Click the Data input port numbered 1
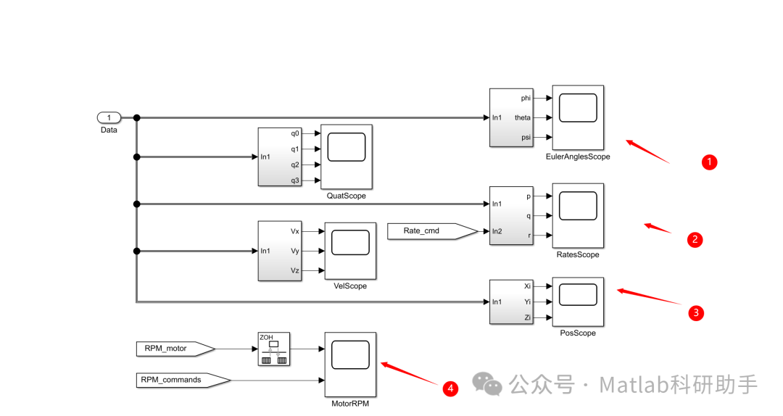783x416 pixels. click(x=109, y=117)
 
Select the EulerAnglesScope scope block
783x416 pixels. click(x=578, y=117)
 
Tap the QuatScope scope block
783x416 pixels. click(x=347, y=156)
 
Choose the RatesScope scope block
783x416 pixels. click(x=578, y=215)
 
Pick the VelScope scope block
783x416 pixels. click(x=350, y=251)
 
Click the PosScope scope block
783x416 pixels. click(x=578, y=302)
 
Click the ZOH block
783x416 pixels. click(x=274, y=349)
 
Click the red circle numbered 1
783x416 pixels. click(x=710, y=162)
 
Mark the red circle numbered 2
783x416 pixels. click(x=695, y=238)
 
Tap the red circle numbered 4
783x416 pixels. click(x=451, y=389)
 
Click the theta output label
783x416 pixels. click(x=522, y=117)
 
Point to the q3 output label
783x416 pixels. click(x=294, y=180)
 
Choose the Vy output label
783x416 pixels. click(x=295, y=251)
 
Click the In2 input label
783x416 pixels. click(x=497, y=232)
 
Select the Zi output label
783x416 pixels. click(x=527, y=318)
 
